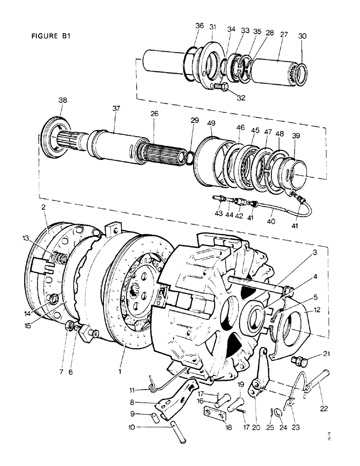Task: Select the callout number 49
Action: click(x=211, y=123)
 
